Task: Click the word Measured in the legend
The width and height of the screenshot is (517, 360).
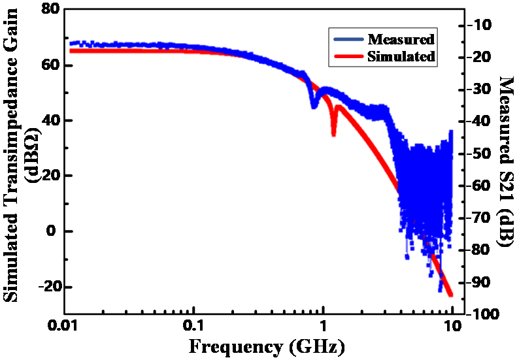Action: [x=401, y=39]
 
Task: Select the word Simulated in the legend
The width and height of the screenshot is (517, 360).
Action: [x=401, y=56]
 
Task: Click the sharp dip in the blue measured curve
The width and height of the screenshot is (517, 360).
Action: [x=314, y=105]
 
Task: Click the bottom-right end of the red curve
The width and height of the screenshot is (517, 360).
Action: [x=450, y=295]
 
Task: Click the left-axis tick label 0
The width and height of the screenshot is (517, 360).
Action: [x=57, y=231]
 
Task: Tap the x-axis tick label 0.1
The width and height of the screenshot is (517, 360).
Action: [x=192, y=324]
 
